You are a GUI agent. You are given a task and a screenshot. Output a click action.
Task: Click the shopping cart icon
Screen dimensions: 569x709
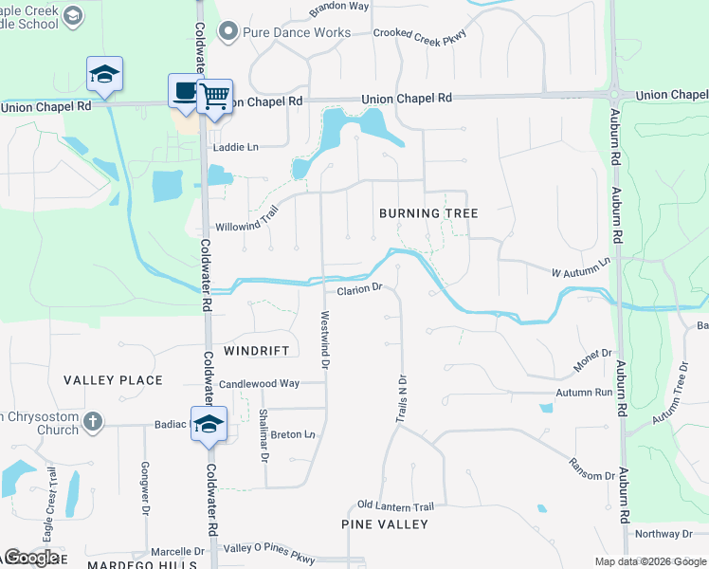coord(215,95)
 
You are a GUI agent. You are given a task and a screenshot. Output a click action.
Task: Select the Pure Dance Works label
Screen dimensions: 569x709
coord(283,32)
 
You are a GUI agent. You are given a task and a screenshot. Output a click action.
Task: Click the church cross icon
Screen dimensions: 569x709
coord(92,420)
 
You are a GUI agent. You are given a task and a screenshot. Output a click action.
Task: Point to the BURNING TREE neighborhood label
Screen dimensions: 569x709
coord(428,213)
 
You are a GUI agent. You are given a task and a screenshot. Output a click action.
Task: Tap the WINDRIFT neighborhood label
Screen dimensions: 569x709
coord(256,351)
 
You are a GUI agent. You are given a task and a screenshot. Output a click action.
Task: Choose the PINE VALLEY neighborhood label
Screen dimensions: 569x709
coord(385,524)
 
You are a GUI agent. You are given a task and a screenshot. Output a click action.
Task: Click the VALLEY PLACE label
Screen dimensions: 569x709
coord(114,380)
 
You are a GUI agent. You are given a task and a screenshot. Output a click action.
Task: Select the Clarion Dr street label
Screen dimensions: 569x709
coord(358,289)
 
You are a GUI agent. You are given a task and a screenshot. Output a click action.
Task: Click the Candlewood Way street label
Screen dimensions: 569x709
coord(259,384)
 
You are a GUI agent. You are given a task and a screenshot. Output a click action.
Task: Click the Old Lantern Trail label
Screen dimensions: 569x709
coord(395,506)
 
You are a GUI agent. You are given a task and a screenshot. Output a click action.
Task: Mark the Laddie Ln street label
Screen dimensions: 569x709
coord(236,147)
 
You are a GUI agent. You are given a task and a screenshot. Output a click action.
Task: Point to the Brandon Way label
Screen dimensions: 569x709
coord(339,6)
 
